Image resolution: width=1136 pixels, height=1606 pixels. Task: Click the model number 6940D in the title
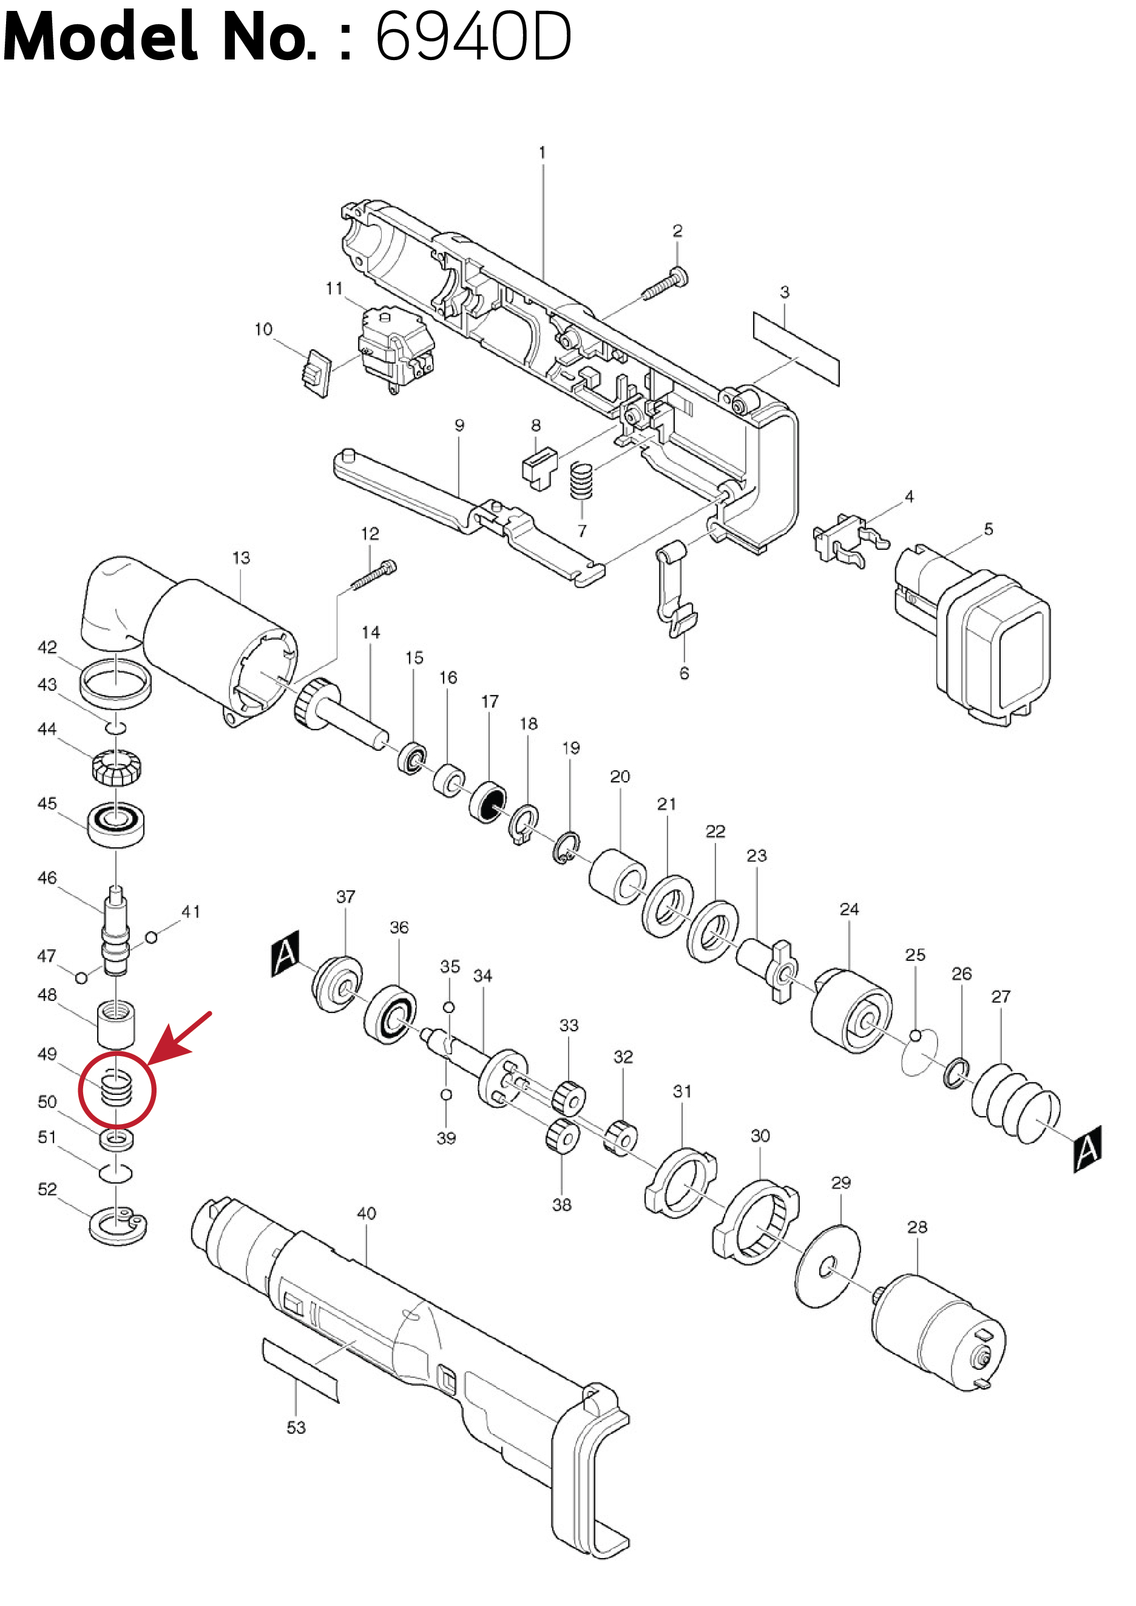coord(473,36)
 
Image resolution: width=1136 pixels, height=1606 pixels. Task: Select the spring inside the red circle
coord(116,1089)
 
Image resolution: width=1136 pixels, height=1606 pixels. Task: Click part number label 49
coord(47,1054)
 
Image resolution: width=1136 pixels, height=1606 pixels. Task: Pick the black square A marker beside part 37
coord(285,953)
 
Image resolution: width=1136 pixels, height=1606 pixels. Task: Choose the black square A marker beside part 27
coord(1087,1148)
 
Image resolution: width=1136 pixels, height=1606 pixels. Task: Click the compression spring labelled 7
coord(581,481)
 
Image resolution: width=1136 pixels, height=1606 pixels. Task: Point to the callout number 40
coord(367,1213)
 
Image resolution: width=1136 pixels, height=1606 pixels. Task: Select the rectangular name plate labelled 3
coord(796,348)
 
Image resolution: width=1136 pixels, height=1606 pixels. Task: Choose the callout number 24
coord(848,909)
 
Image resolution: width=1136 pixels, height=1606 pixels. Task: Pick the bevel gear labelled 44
coord(116,767)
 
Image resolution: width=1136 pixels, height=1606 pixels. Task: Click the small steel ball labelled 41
coord(151,937)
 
